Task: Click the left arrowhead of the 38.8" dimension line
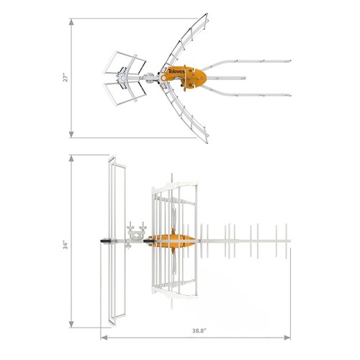pos(102,336)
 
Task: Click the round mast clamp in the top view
pos(125,75)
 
